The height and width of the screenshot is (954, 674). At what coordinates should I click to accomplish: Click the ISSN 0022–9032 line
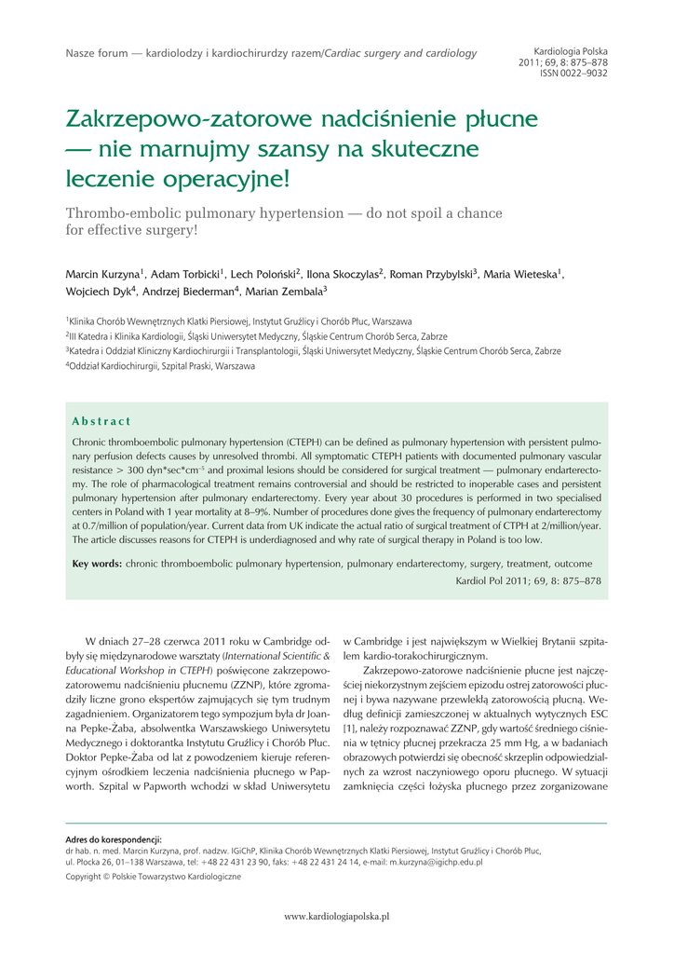tap(573, 73)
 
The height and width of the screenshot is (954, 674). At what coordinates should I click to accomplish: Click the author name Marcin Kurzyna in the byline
tap(102, 275)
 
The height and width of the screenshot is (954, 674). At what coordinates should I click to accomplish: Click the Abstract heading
tap(101, 421)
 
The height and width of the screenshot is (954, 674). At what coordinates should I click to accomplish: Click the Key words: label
tap(97, 564)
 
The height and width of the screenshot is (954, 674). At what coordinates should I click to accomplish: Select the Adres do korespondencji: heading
tap(114, 839)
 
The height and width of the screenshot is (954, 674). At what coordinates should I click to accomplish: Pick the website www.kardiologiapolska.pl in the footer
tap(337, 917)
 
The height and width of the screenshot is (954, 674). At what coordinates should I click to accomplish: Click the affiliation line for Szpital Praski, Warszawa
tap(160, 367)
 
